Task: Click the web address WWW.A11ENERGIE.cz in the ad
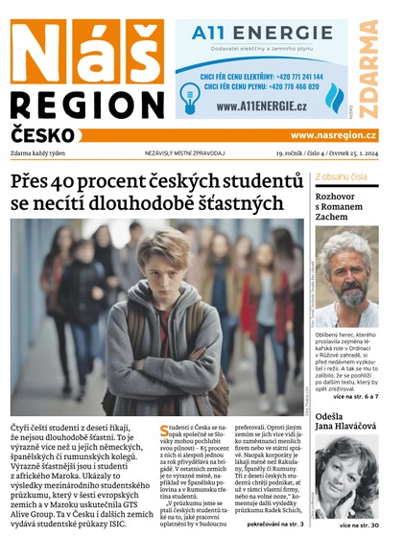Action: point(261,106)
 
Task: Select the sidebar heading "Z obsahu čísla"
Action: point(340,177)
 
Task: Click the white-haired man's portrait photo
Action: point(345,278)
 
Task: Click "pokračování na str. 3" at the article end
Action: point(274,525)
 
